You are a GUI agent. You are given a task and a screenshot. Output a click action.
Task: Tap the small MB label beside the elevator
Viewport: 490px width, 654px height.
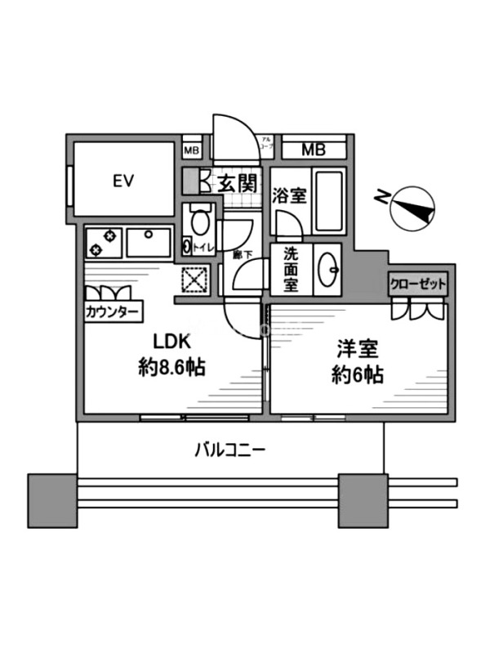[190, 150]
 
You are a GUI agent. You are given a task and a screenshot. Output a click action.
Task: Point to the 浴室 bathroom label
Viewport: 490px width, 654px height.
[289, 196]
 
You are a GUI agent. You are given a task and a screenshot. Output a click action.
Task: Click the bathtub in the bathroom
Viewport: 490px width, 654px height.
[328, 201]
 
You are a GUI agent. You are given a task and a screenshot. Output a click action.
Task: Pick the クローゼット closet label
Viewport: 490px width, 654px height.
[417, 284]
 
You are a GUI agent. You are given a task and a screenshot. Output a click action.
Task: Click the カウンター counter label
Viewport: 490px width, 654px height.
[113, 311]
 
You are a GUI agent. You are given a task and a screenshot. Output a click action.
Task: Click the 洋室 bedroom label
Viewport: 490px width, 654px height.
[358, 350]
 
